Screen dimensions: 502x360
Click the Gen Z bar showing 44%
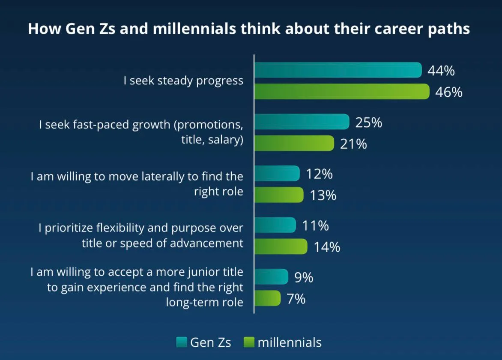point(338,70)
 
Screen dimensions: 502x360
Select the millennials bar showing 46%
point(342,92)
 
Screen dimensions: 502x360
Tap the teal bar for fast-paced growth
point(302,122)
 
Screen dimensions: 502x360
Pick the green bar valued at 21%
point(294,143)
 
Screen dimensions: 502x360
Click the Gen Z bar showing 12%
point(277,173)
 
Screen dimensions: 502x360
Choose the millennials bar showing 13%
point(279,195)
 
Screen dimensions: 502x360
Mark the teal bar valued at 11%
point(275,225)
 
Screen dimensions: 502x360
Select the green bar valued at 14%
point(281,247)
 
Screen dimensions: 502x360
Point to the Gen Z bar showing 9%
point(272,277)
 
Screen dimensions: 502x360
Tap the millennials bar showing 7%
point(268,298)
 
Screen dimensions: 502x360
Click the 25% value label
point(369,122)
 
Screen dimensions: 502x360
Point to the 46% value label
point(449,92)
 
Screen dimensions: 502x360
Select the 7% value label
point(296,299)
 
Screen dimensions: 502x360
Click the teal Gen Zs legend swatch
point(182,342)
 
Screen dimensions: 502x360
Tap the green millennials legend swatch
point(249,342)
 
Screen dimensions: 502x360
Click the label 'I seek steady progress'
point(183,80)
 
